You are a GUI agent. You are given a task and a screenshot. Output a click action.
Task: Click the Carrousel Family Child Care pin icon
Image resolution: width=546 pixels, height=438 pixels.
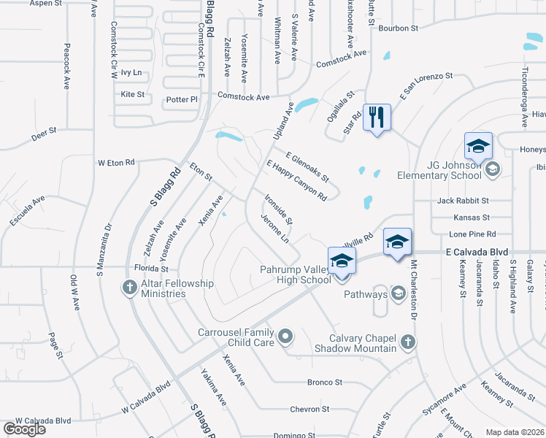pyautogui.click(x=285, y=337)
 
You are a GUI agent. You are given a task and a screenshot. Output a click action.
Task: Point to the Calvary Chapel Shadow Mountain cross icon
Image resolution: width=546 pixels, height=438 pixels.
pyautogui.click(x=408, y=341)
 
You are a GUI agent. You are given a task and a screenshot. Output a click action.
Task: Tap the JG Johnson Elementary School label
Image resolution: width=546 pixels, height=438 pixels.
pyautogui.click(x=439, y=169)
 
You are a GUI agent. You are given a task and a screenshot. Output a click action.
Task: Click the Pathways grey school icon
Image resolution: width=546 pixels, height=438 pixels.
pyautogui.click(x=399, y=294)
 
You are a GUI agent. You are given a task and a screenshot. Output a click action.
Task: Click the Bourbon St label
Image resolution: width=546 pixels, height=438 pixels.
pyautogui.click(x=398, y=28)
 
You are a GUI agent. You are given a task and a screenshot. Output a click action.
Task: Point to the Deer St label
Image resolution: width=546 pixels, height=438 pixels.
pyautogui.click(x=44, y=137)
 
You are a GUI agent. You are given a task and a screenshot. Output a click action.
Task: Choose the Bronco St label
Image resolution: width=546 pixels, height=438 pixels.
pyautogui.click(x=325, y=383)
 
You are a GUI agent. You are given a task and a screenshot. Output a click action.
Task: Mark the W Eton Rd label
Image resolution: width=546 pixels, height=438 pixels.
pyautogui.click(x=117, y=162)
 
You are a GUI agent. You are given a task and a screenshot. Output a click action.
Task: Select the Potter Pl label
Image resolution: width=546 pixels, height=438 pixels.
pyautogui.click(x=182, y=99)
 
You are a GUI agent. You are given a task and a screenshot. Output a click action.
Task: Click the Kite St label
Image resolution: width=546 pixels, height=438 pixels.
pyautogui.click(x=133, y=94)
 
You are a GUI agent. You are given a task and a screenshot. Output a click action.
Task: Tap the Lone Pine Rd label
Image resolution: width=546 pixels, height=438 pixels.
pyautogui.click(x=472, y=234)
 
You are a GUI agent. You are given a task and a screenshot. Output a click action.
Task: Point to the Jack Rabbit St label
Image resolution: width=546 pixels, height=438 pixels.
pyautogui.click(x=463, y=200)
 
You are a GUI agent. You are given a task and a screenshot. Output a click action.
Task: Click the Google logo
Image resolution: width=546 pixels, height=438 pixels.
pyautogui.click(x=24, y=429)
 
